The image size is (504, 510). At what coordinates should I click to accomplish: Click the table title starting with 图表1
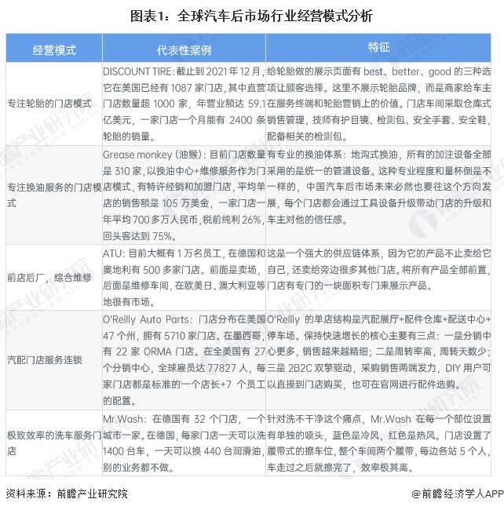[x=252, y=15]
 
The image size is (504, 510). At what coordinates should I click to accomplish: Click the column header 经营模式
[x=54, y=49]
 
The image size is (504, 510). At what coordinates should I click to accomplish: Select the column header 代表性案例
[x=183, y=49]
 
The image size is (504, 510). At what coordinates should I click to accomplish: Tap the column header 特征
[x=379, y=48]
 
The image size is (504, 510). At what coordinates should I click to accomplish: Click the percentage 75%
[x=163, y=235]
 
